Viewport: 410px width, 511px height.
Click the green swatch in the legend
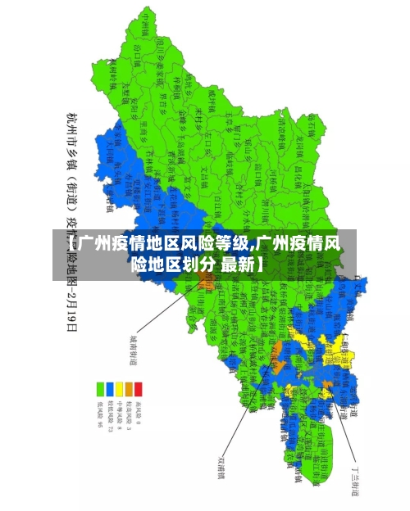101,387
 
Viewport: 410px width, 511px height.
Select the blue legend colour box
110,387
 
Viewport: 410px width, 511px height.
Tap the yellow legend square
119,387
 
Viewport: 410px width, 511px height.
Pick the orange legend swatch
128,387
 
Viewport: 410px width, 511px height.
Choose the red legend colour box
138,387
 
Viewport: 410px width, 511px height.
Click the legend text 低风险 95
101,415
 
